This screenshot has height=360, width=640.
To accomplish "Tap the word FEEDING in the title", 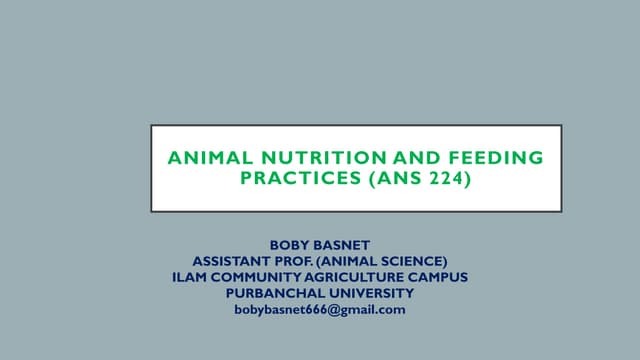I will point(499,158).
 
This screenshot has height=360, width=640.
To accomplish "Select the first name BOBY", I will point(291,245).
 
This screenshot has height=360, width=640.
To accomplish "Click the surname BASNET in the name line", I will point(341,245).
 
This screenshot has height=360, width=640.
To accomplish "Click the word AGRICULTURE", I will point(360,277).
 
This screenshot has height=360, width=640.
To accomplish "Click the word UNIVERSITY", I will point(369,293).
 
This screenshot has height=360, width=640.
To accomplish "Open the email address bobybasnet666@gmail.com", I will point(320,310).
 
